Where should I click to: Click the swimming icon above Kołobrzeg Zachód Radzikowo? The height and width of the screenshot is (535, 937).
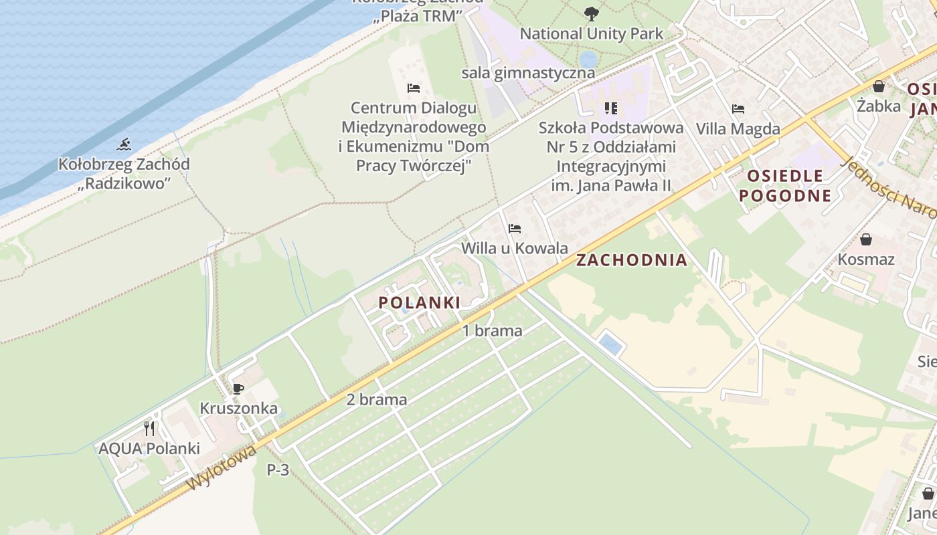click(124, 144)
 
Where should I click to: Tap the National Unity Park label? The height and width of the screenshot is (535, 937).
click(591, 33)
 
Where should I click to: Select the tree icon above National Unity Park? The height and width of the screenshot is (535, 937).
click(591, 13)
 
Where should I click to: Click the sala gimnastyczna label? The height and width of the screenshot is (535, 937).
click(528, 73)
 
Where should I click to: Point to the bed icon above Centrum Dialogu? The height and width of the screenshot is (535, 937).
click(414, 88)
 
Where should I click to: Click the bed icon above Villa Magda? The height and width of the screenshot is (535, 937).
click(738, 108)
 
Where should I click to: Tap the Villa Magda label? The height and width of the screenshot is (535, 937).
click(738, 128)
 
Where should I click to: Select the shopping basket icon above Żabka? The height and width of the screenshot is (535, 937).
click(879, 86)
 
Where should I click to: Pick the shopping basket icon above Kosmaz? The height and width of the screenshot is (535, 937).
click(866, 239)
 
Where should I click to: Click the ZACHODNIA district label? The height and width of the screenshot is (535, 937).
click(632, 260)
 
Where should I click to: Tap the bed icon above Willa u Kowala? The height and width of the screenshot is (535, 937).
click(514, 229)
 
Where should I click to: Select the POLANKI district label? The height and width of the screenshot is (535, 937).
click(420, 302)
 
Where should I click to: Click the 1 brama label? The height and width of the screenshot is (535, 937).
click(493, 330)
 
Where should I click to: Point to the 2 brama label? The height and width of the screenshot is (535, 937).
click(377, 400)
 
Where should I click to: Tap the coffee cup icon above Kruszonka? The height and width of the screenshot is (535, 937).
click(238, 389)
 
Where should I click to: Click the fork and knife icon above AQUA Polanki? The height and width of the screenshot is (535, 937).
click(149, 428)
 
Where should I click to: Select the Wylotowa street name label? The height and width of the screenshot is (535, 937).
click(223, 467)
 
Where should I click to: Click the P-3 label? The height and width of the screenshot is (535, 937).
click(278, 470)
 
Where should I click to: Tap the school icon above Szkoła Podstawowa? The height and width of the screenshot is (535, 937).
click(610, 108)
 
